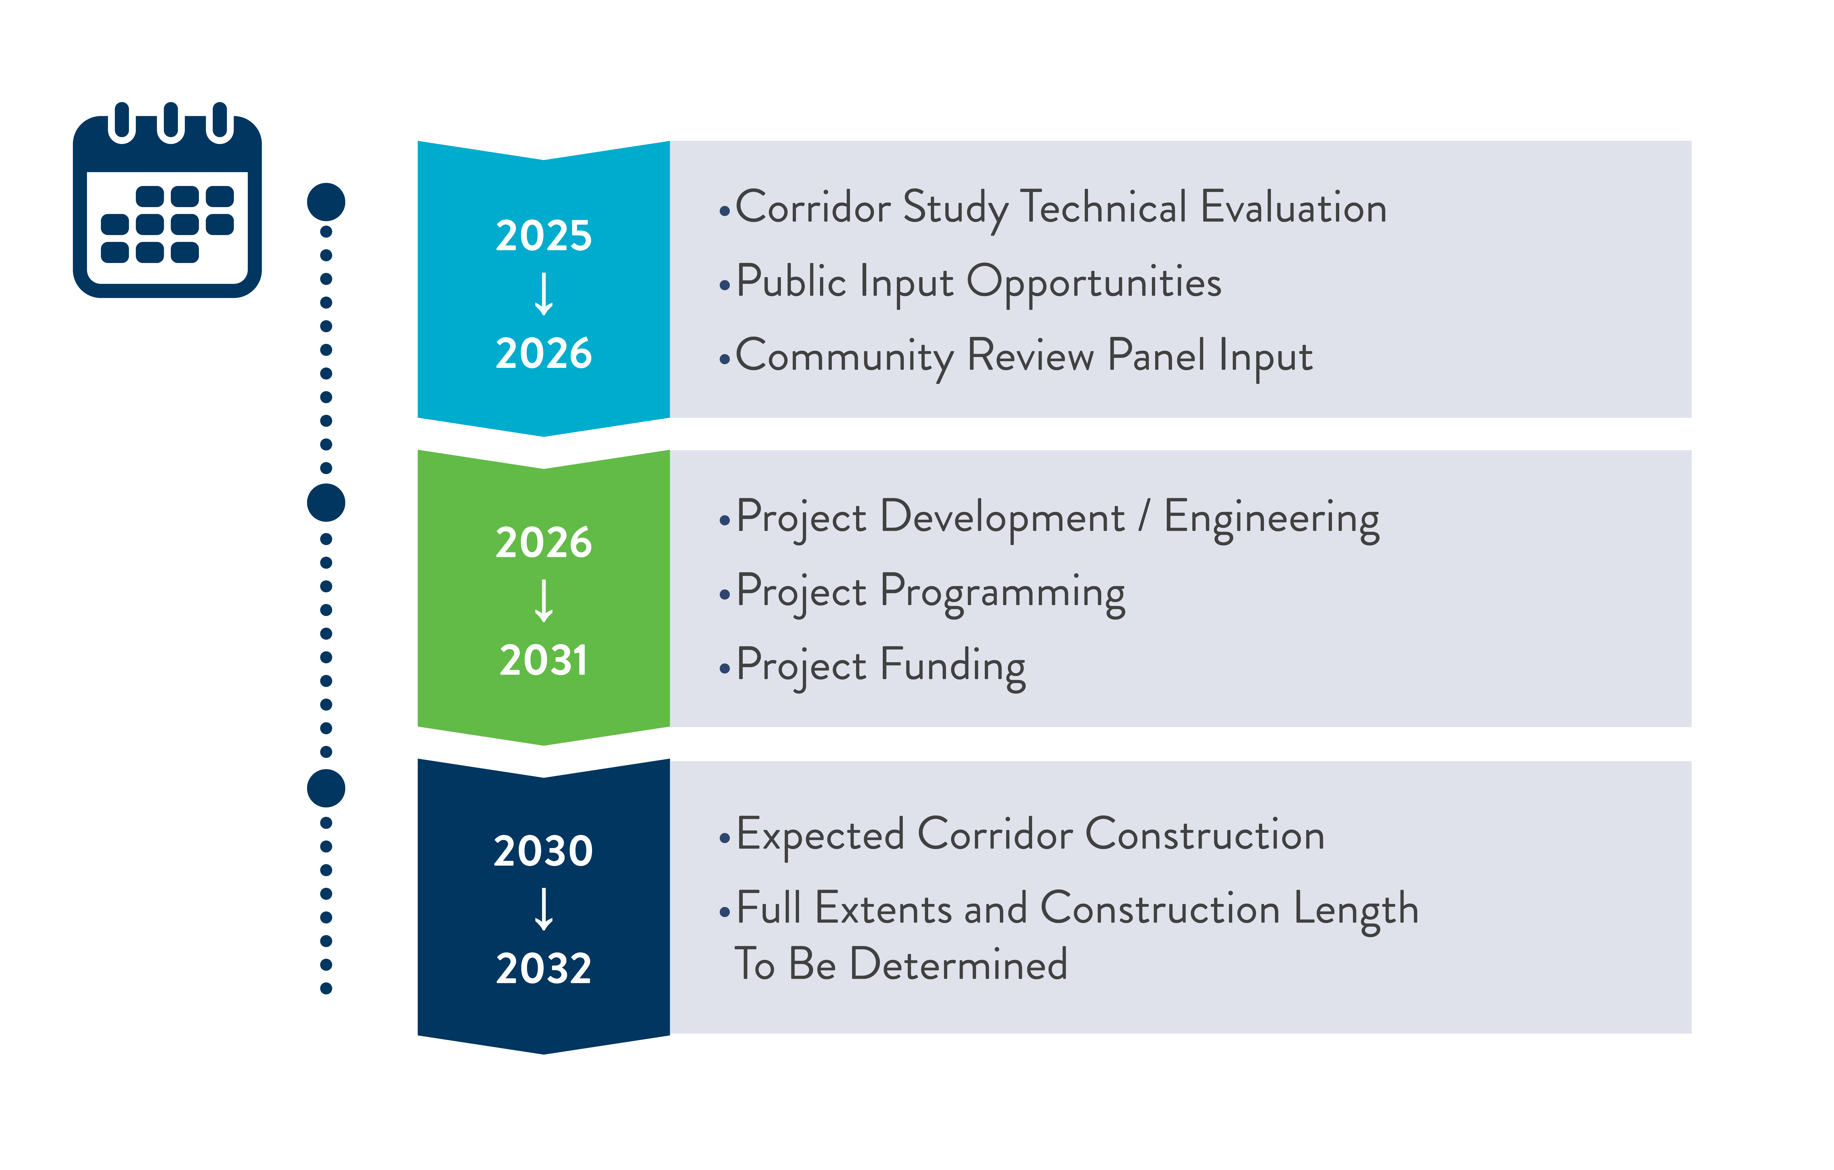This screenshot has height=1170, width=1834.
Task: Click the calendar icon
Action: pyautogui.click(x=167, y=199)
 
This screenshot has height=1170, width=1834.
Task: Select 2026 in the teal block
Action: pyautogui.click(x=544, y=353)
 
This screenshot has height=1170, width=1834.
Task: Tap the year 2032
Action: pyautogui.click(x=544, y=969)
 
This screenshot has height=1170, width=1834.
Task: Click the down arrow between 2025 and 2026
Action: pyautogui.click(x=544, y=294)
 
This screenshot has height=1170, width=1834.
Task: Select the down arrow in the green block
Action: pyautogui.click(x=544, y=601)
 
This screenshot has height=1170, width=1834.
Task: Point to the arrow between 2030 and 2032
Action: pyautogui.click(x=544, y=909)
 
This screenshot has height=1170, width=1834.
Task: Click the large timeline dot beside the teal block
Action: pyautogui.click(x=326, y=202)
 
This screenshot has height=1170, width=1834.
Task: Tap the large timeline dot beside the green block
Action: pyautogui.click(x=326, y=503)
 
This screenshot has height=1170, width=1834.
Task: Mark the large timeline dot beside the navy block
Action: pyautogui.click(x=326, y=788)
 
